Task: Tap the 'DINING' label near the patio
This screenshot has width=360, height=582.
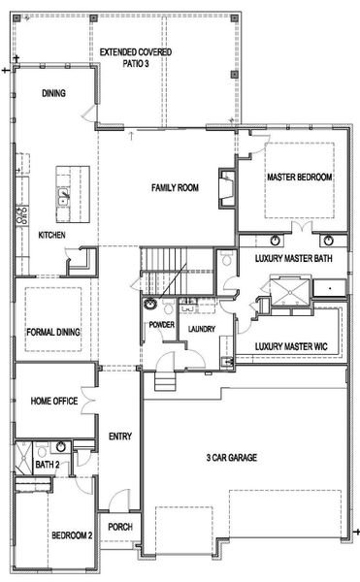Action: pyautogui.click(x=53, y=93)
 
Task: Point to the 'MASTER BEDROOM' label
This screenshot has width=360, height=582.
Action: pyautogui.click(x=300, y=178)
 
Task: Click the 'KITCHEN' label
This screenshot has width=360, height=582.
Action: pyautogui.click(x=52, y=236)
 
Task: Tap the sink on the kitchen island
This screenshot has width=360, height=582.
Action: pyautogui.click(x=66, y=192)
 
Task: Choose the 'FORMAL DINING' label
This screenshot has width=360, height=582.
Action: pyautogui.click(x=53, y=332)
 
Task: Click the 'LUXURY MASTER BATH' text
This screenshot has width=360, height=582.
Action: pyautogui.click(x=295, y=260)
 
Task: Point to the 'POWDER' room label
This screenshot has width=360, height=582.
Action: pyautogui.click(x=161, y=324)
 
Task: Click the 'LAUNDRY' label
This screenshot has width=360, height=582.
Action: pyautogui.click(x=202, y=329)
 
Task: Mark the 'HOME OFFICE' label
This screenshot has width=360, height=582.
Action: pyautogui.click(x=53, y=400)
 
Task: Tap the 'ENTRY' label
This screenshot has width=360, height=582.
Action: pyautogui.click(x=120, y=436)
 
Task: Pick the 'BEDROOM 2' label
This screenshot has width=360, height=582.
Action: pyautogui.click(x=51, y=534)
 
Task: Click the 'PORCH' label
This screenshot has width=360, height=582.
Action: pyautogui.click(x=120, y=528)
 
